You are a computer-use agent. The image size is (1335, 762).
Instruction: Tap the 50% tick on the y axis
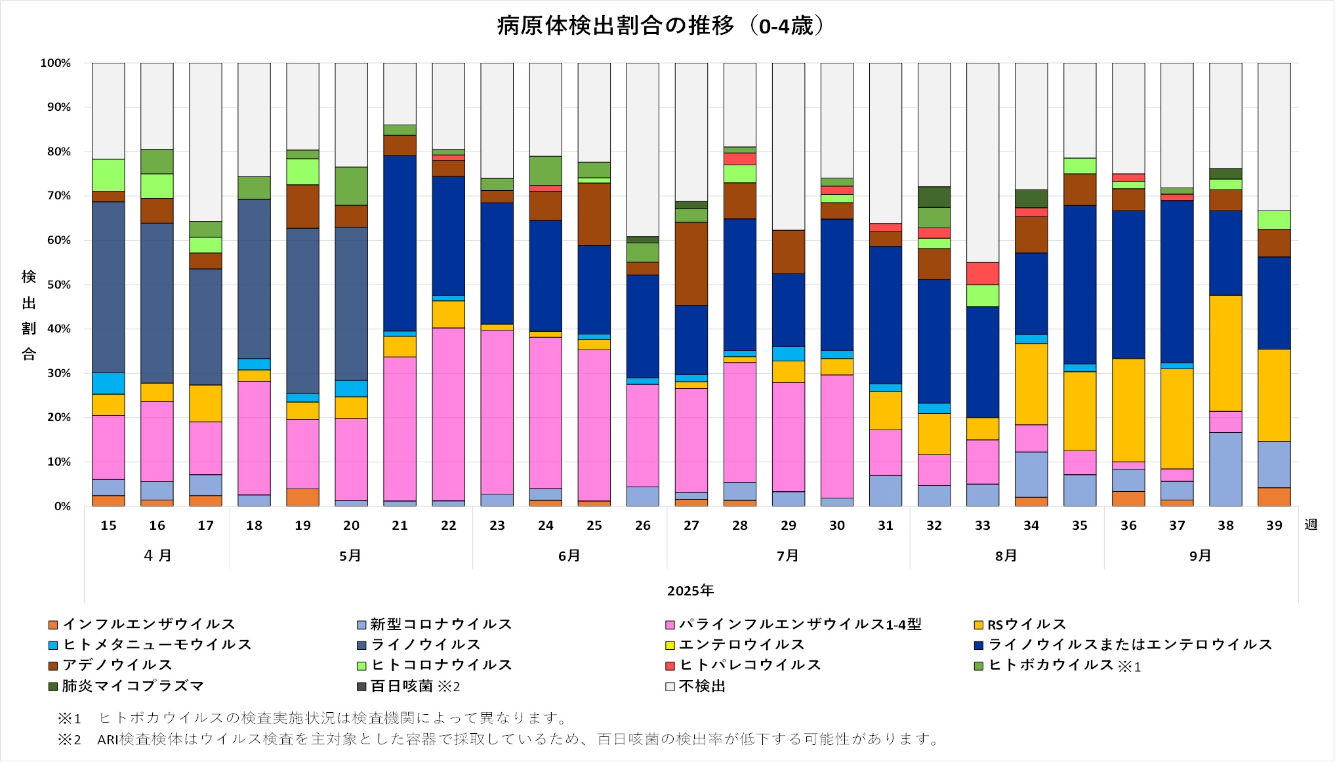coord(58,285)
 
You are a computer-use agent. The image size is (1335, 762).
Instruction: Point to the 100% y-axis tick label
coord(56,63)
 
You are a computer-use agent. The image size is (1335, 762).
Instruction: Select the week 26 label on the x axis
coord(642,525)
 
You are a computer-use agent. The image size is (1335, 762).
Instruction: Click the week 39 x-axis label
coord(1273,525)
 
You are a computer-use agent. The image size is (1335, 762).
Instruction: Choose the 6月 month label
coord(569,555)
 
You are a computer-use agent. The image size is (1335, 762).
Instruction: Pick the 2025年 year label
coord(690,590)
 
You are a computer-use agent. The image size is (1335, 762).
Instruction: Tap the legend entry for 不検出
coord(701,686)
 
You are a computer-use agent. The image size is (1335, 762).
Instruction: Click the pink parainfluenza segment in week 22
coord(448,414)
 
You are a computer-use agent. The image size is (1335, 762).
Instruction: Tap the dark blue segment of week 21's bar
coord(400,243)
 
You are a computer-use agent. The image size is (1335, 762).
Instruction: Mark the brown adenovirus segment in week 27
coord(691,264)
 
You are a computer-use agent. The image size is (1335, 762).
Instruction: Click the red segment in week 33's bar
coord(982,273)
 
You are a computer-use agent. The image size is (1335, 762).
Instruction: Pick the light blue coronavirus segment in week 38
coord(1225,469)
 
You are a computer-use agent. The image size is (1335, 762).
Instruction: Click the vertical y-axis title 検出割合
coord(29,315)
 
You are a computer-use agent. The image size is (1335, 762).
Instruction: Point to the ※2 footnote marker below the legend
coord(69,740)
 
